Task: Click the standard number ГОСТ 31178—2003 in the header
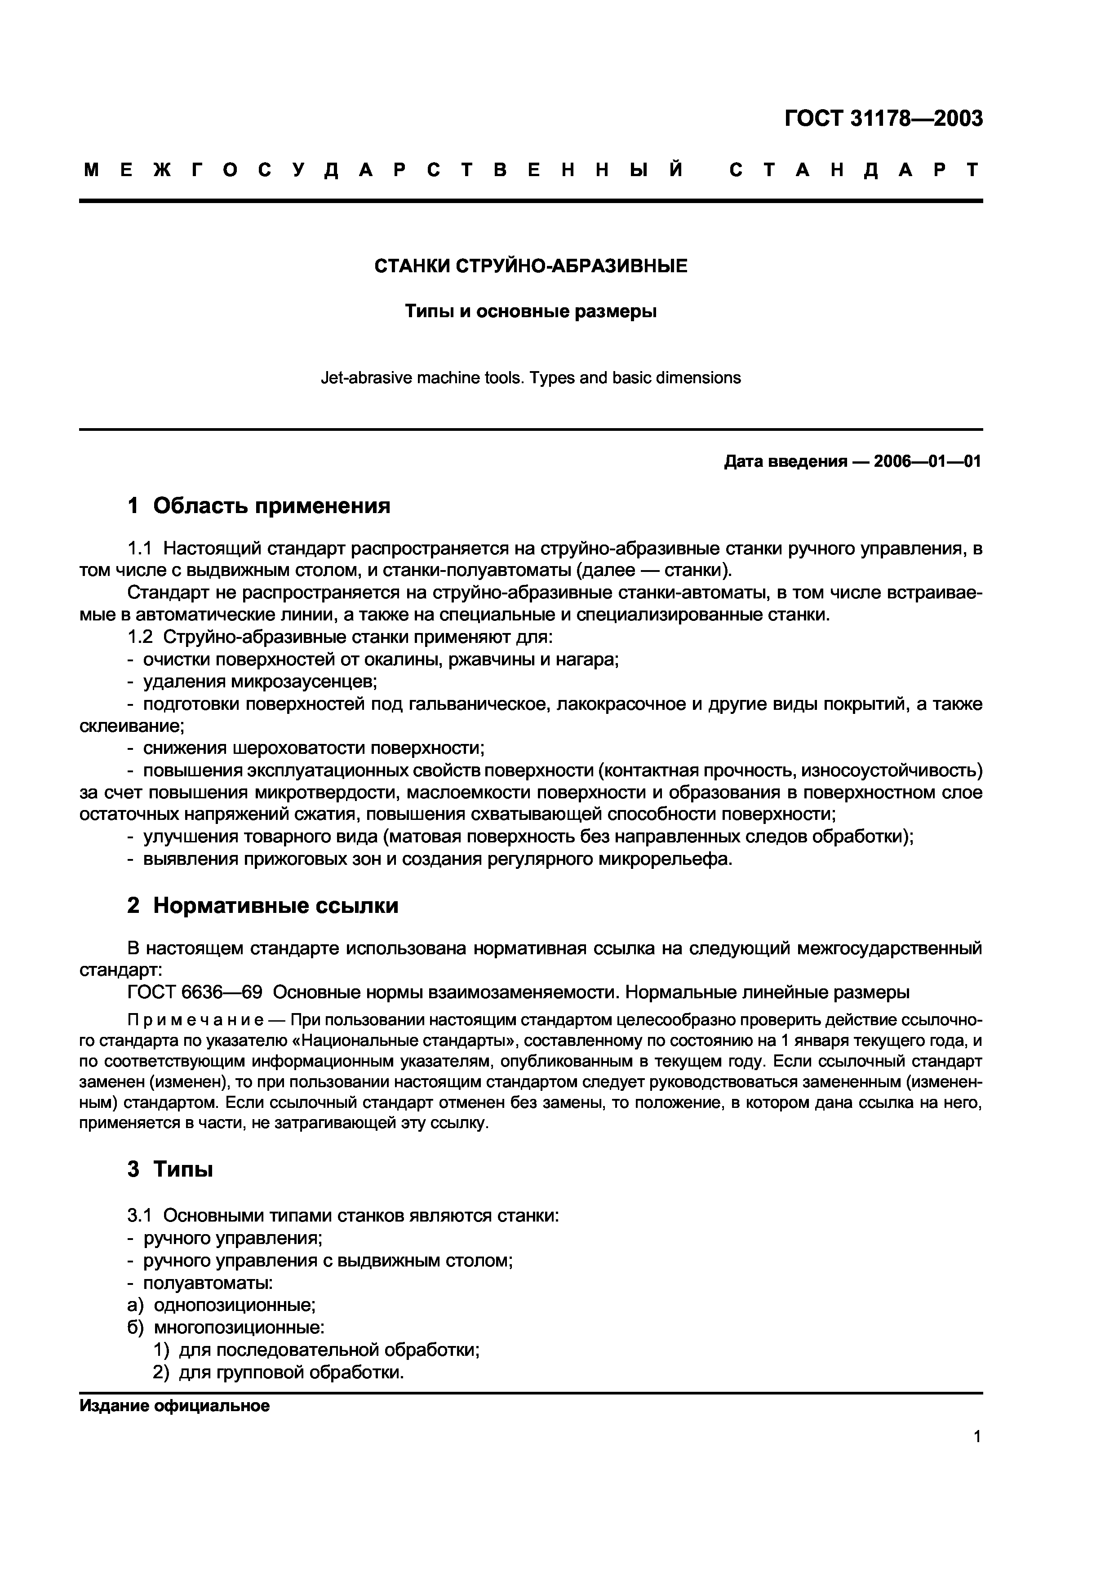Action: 883,119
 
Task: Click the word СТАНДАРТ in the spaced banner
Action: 855,169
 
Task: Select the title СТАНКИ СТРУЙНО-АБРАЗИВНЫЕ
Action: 531,266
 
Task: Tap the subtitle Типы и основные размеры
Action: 531,312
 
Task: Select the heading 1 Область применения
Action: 259,506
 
